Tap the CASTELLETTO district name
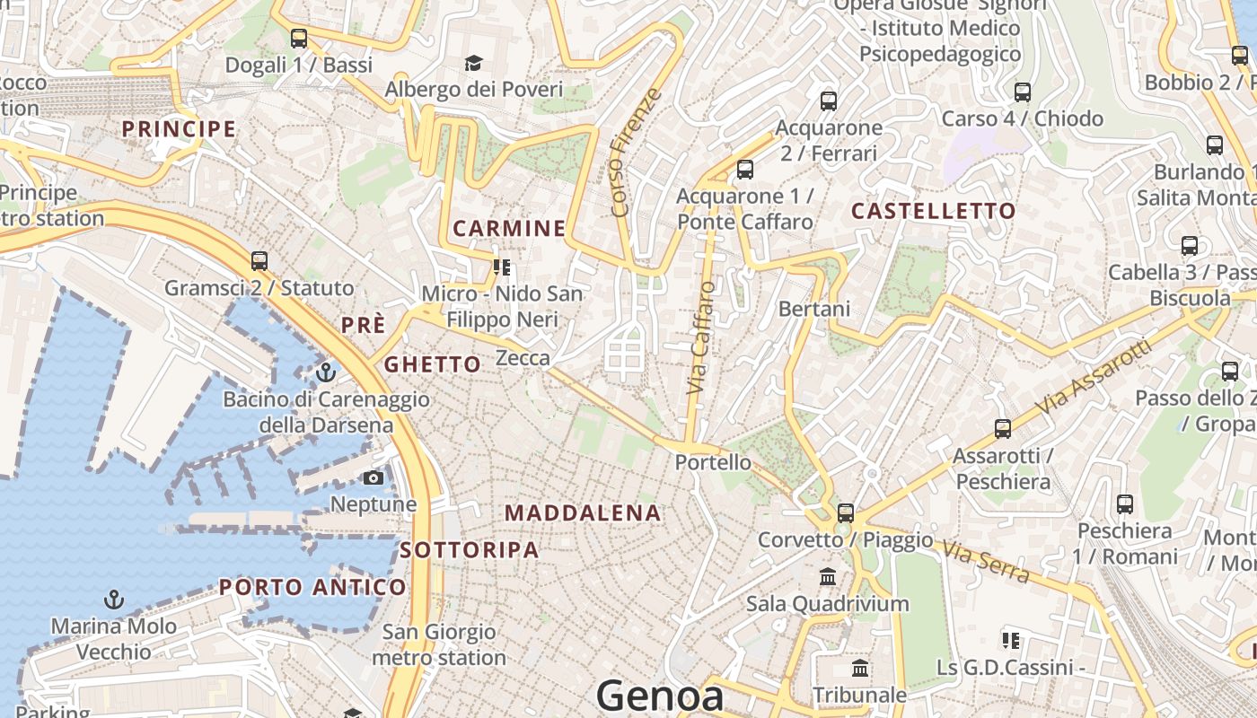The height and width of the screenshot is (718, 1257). tap(933, 212)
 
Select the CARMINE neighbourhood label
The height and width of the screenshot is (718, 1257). tap(509, 229)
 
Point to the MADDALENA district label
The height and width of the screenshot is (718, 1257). tap(583, 513)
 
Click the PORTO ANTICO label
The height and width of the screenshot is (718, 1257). tap(312, 588)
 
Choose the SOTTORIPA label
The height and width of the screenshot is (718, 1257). tap(470, 550)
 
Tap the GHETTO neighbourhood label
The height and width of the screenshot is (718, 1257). tap(433, 364)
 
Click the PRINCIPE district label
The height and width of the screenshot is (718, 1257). tap(179, 129)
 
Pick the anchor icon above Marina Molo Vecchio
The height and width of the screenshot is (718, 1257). tap(114, 599)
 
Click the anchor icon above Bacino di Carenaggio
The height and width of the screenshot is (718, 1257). tap(326, 372)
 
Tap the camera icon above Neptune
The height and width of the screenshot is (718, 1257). tap(374, 477)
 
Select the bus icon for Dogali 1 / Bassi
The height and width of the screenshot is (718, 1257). tap(299, 39)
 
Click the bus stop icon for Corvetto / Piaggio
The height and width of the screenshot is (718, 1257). tap(845, 513)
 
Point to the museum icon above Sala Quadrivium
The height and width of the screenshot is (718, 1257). tap(828, 576)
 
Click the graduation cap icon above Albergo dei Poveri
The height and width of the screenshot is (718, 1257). tap(473, 63)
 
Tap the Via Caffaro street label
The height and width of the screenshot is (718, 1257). tap(701, 338)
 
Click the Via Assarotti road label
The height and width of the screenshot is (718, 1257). tap(1092, 377)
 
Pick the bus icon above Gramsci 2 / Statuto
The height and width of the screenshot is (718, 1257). tap(259, 261)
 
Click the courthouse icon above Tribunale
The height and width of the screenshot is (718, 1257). tap(860, 669)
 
